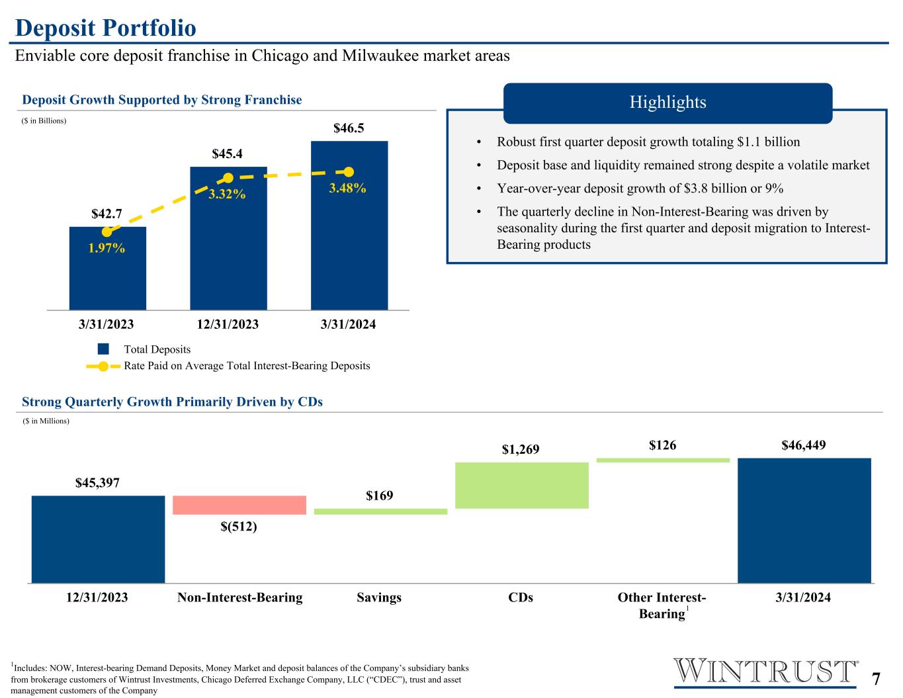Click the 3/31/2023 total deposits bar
[108, 269]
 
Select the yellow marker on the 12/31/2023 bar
[228, 178]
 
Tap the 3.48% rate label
[347, 188]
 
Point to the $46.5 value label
[349, 128]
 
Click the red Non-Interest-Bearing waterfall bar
[239, 505]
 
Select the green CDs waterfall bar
[522, 485]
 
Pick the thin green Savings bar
[380, 511]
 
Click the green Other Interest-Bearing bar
[664, 460]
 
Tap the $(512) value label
[239, 527]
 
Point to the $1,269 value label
[521, 449]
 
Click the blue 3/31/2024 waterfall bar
[804, 521]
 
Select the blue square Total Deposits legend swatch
[103, 349]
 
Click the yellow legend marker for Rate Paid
[103, 367]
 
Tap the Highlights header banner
[667, 103]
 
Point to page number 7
[876, 679]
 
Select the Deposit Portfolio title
[106, 28]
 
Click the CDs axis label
[521, 597]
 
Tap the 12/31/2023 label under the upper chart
[228, 324]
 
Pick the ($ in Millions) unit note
[46, 421]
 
